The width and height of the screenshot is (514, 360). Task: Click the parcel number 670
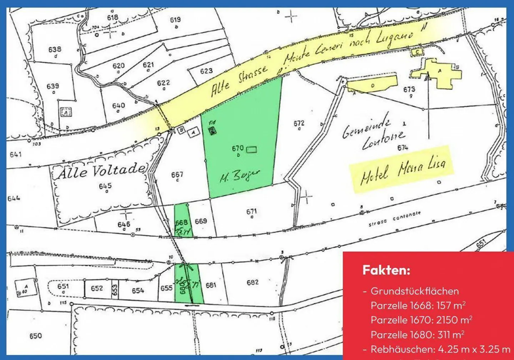pyautogui.click(x=237, y=148)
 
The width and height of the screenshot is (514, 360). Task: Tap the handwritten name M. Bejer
pyautogui.click(x=240, y=176)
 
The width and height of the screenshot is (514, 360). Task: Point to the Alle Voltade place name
pyautogui.click(x=102, y=171)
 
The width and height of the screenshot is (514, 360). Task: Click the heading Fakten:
pyautogui.click(x=386, y=270)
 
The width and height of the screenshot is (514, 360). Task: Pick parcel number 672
pyautogui.click(x=299, y=123)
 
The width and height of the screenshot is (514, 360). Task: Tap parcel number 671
pyautogui.click(x=252, y=212)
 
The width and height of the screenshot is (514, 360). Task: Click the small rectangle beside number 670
pyautogui.click(x=252, y=149)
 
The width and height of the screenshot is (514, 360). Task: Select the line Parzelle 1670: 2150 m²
pyautogui.click(x=421, y=320)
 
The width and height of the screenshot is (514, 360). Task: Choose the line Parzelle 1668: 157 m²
pyautogui.click(x=418, y=305)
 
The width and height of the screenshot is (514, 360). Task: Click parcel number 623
pyautogui.click(x=206, y=71)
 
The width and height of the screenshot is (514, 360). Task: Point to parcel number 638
pyautogui.click(x=55, y=49)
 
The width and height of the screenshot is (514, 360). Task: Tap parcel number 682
pyautogui.click(x=252, y=282)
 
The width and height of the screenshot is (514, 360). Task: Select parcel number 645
pyautogui.click(x=105, y=186)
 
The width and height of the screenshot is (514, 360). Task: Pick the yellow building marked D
pyautogui.click(x=372, y=85)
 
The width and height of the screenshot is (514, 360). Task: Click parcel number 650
pyautogui.click(x=35, y=336)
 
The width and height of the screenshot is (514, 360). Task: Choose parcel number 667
pyautogui.click(x=177, y=174)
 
